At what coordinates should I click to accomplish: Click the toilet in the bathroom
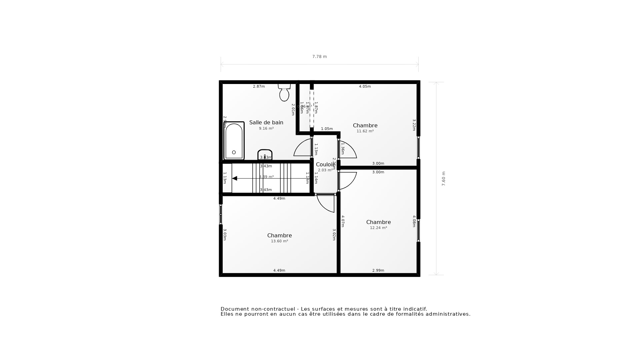click(284, 93)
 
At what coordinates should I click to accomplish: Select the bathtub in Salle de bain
click(234, 141)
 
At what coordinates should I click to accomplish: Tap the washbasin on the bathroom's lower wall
click(265, 155)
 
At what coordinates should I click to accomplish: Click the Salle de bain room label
click(266, 122)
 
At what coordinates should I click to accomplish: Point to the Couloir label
click(325, 164)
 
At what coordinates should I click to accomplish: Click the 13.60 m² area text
click(279, 241)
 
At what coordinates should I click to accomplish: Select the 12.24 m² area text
click(378, 228)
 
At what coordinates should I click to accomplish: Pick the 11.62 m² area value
click(365, 131)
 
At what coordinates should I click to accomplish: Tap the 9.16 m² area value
click(266, 128)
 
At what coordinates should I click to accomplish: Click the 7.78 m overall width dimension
click(319, 57)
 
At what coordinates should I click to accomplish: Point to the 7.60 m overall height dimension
click(443, 179)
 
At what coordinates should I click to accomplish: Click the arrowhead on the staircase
click(235, 178)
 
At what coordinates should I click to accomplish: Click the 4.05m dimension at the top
click(365, 86)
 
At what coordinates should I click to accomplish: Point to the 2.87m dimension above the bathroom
click(259, 86)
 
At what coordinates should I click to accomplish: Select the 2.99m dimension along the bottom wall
click(378, 270)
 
